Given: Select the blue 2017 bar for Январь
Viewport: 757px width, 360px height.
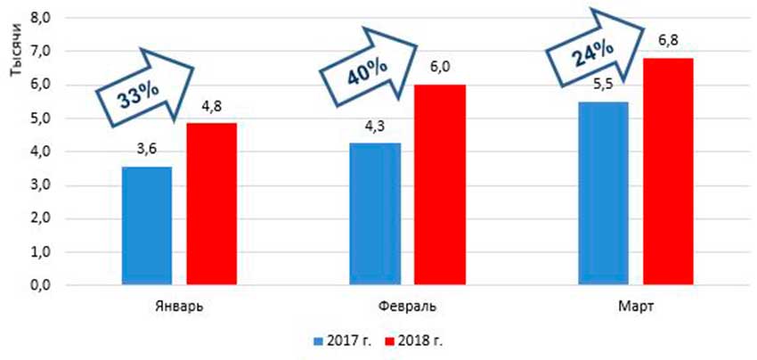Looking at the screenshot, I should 147,226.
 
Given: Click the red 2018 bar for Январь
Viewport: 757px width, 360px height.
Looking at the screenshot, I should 211,205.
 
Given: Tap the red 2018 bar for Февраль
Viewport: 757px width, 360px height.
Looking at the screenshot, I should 440,185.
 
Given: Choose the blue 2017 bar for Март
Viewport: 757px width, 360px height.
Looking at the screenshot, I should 604,194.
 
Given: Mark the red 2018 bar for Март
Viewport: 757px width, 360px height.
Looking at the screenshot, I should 668,172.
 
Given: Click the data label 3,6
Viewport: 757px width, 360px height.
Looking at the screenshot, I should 147,153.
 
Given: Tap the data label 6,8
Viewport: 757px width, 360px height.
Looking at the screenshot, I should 668,43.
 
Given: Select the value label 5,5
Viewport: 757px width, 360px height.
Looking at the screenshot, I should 604,87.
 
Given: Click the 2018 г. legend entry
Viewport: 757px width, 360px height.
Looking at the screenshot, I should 417,340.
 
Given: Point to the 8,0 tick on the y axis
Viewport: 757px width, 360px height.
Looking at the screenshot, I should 43,18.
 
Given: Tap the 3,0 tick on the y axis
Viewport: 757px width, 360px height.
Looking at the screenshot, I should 43,185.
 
